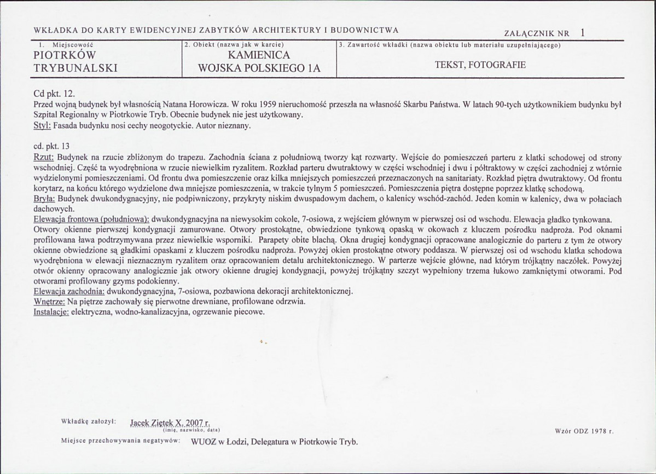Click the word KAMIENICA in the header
point(259,55)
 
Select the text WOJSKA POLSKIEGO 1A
point(259,67)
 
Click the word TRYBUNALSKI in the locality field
point(76,68)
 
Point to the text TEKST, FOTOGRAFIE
point(480,65)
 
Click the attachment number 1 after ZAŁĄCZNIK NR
point(583,32)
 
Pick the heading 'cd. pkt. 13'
point(51,146)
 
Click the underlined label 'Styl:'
point(42,126)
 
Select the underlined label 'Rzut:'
point(43,156)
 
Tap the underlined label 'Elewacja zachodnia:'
point(69,290)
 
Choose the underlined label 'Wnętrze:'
point(49,301)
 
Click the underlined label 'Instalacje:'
point(51,312)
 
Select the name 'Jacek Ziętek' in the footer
point(150,423)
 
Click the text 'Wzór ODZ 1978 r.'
point(584,431)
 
